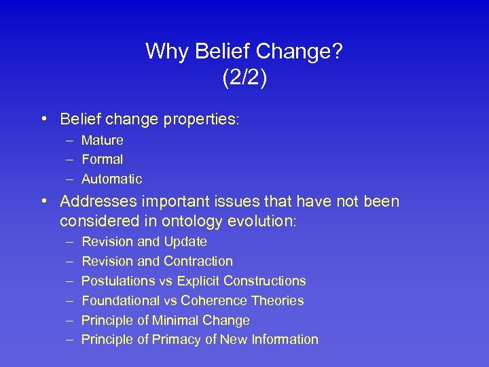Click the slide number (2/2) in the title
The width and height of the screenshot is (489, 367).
point(244,77)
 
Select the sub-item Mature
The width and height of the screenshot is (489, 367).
point(103,141)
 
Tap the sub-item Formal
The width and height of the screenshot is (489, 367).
point(103,160)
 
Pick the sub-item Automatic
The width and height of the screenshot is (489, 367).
point(112,179)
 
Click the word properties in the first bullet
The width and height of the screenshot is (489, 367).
point(202,120)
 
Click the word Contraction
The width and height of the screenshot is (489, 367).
point(198,262)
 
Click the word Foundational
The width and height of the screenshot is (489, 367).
point(120,301)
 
